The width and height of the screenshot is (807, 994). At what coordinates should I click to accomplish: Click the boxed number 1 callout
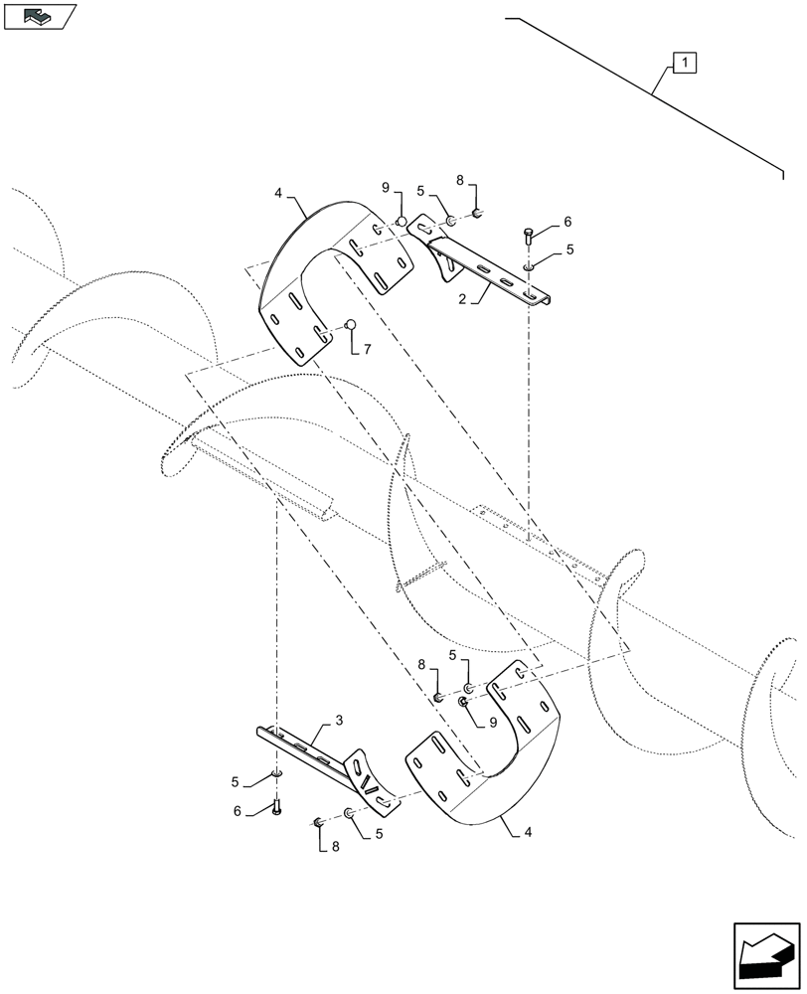pyautogui.click(x=686, y=64)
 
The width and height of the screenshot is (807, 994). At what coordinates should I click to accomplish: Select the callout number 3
pyautogui.click(x=339, y=719)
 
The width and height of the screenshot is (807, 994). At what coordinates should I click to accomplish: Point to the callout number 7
pyautogui.click(x=367, y=350)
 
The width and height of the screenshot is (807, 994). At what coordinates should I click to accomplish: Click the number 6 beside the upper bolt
pyautogui.click(x=567, y=222)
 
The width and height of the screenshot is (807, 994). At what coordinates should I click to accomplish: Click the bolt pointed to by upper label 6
pyautogui.click(x=528, y=238)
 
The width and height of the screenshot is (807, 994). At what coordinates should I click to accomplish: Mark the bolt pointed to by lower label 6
pyautogui.click(x=276, y=806)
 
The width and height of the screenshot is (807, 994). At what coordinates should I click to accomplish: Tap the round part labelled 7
pyautogui.click(x=350, y=325)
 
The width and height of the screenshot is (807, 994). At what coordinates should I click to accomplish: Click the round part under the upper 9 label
pyautogui.click(x=401, y=221)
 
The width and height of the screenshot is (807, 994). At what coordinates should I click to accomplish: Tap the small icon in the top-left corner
pyautogui.click(x=40, y=17)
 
